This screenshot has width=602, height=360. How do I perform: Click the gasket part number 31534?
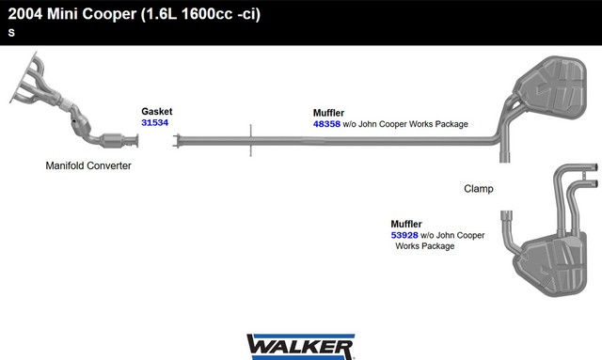(x=154, y=123)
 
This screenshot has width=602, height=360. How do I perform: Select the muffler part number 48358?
(x=326, y=124)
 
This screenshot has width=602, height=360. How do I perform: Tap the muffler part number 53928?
(x=404, y=235)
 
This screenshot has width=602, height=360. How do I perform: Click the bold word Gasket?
(x=157, y=111)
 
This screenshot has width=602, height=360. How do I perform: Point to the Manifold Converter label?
(x=88, y=165)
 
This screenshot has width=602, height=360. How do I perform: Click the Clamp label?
(x=479, y=188)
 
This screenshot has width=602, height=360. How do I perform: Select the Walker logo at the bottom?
(x=301, y=347)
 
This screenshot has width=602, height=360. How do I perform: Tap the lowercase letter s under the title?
(x=11, y=33)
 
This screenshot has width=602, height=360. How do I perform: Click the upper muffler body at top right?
(x=552, y=87)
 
